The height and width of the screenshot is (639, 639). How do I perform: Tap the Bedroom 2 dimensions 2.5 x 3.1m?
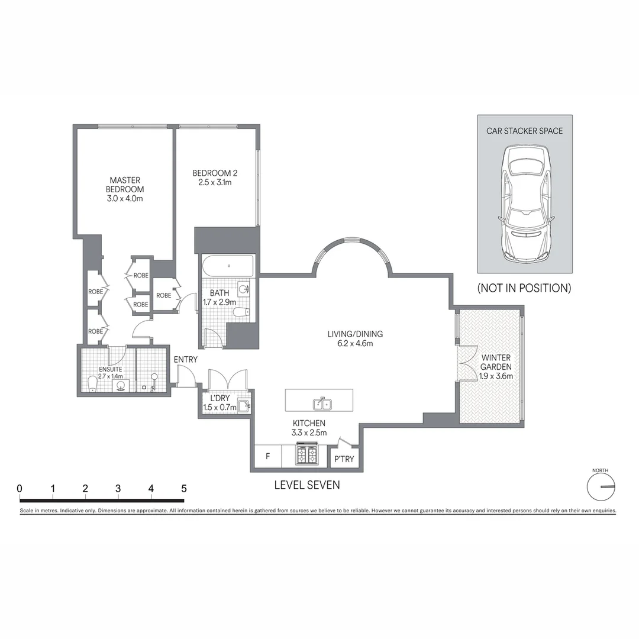click(x=215, y=183)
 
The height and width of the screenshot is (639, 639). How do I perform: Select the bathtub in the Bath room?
click(x=228, y=266)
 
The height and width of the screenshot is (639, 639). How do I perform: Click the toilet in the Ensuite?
click(x=93, y=384)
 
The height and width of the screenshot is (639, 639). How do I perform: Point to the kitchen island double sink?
click(x=322, y=404)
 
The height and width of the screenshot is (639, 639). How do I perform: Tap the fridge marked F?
click(x=268, y=456)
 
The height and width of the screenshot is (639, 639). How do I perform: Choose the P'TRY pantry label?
click(x=344, y=459)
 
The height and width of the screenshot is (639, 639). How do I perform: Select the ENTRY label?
click(x=185, y=360)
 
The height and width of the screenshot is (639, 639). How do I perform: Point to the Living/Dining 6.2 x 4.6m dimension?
click(x=355, y=344)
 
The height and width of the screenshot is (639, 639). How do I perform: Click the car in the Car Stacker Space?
click(x=525, y=204)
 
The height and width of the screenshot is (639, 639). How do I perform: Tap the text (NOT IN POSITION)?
click(x=524, y=288)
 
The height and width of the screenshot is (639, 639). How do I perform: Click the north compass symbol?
click(x=601, y=486)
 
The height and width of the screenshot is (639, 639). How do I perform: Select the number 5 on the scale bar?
click(x=184, y=488)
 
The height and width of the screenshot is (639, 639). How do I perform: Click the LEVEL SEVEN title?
click(x=307, y=485)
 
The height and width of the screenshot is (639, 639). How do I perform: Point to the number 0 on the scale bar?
click(x=20, y=488)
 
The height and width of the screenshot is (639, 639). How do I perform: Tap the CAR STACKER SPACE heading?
click(x=524, y=131)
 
